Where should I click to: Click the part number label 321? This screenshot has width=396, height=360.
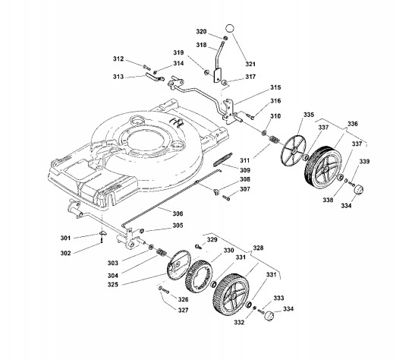click(x=250, y=64)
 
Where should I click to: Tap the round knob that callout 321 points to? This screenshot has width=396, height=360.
click(x=230, y=28)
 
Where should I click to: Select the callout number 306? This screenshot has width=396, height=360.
click(x=178, y=213)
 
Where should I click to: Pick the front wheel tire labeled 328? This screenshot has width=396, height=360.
click(x=231, y=295)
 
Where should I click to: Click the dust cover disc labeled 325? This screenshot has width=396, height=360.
click(x=178, y=265)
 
